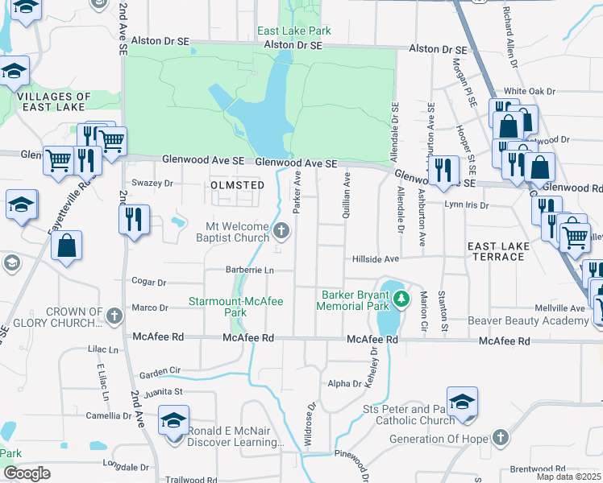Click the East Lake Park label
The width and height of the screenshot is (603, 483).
pyautogui.click(x=294, y=31)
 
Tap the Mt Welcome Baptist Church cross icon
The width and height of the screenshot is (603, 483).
pyautogui.click(x=281, y=232)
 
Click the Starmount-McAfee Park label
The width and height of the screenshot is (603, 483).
pyautogui.click(x=235, y=307)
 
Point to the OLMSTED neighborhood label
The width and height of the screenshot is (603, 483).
pyautogui.click(x=237, y=185)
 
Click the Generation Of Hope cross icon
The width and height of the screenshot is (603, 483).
pyautogui.click(x=500, y=439)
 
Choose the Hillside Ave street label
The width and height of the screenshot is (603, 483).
pyautogui.click(x=376, y=259)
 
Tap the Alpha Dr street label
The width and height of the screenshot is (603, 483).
pyautogui.click(x=344, y=384)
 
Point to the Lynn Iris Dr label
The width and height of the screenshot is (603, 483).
pyautogui.click(x=467, y=204)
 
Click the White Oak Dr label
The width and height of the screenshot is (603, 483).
pyautogui.click(x=530, y=92)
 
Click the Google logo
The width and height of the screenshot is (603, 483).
pyautogui.click(x=27, y=473)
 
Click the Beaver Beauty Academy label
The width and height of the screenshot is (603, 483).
pyautogui.click(x=529, y=321)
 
